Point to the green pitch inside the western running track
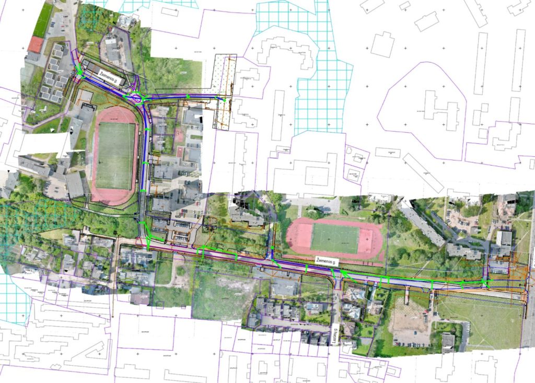tap(115, 156)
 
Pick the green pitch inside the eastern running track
tap(335, 238)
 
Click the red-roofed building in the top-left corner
tap(35, 44)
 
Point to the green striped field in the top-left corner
tap(44, 20)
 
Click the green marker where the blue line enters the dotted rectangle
tap(224, 98)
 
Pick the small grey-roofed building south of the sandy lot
tap(448, 342)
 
